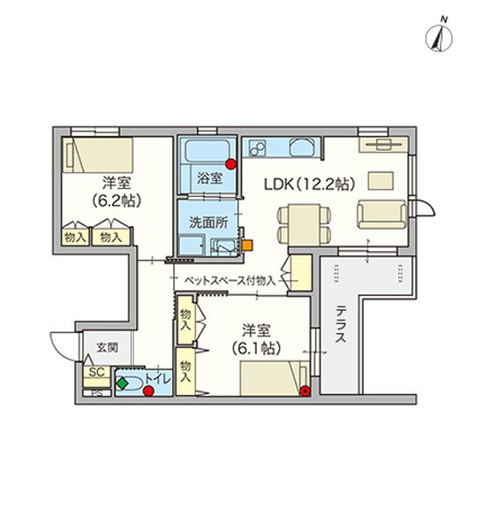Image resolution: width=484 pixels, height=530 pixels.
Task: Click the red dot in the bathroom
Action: [231, 163]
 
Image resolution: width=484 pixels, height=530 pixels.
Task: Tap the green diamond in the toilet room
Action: [120, 383]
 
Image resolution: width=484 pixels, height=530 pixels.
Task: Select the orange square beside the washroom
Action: [248, 245]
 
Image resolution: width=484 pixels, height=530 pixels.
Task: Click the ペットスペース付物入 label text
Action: [229, 280]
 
